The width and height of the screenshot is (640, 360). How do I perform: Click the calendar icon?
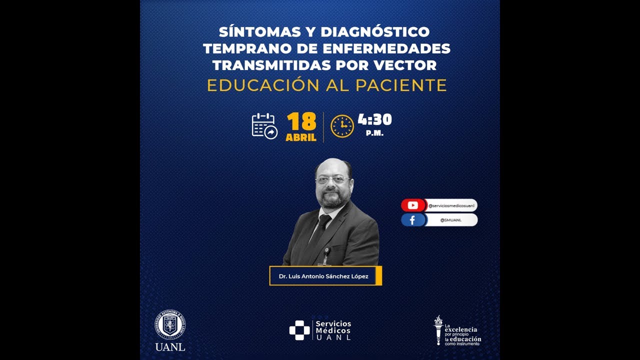[264, 126]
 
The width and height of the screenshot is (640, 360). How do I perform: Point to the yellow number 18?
[301, 122]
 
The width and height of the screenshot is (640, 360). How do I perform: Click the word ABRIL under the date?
[301, 137]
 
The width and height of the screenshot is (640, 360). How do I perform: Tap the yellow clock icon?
[342, 126]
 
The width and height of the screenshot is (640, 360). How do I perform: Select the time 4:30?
[374, 120]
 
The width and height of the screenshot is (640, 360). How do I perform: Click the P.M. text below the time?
[374, 133]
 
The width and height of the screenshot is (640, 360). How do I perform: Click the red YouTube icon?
[412, 205]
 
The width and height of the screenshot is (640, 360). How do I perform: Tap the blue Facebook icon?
[412, 220]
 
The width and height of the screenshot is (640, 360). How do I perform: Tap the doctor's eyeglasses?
[332, 179]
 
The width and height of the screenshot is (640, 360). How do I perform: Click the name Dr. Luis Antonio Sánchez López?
[323, 275]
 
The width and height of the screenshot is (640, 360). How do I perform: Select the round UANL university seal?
[170, 325]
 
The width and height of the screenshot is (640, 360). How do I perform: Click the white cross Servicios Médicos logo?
[299, 330]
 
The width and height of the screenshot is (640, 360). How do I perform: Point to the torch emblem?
[438, 329]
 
